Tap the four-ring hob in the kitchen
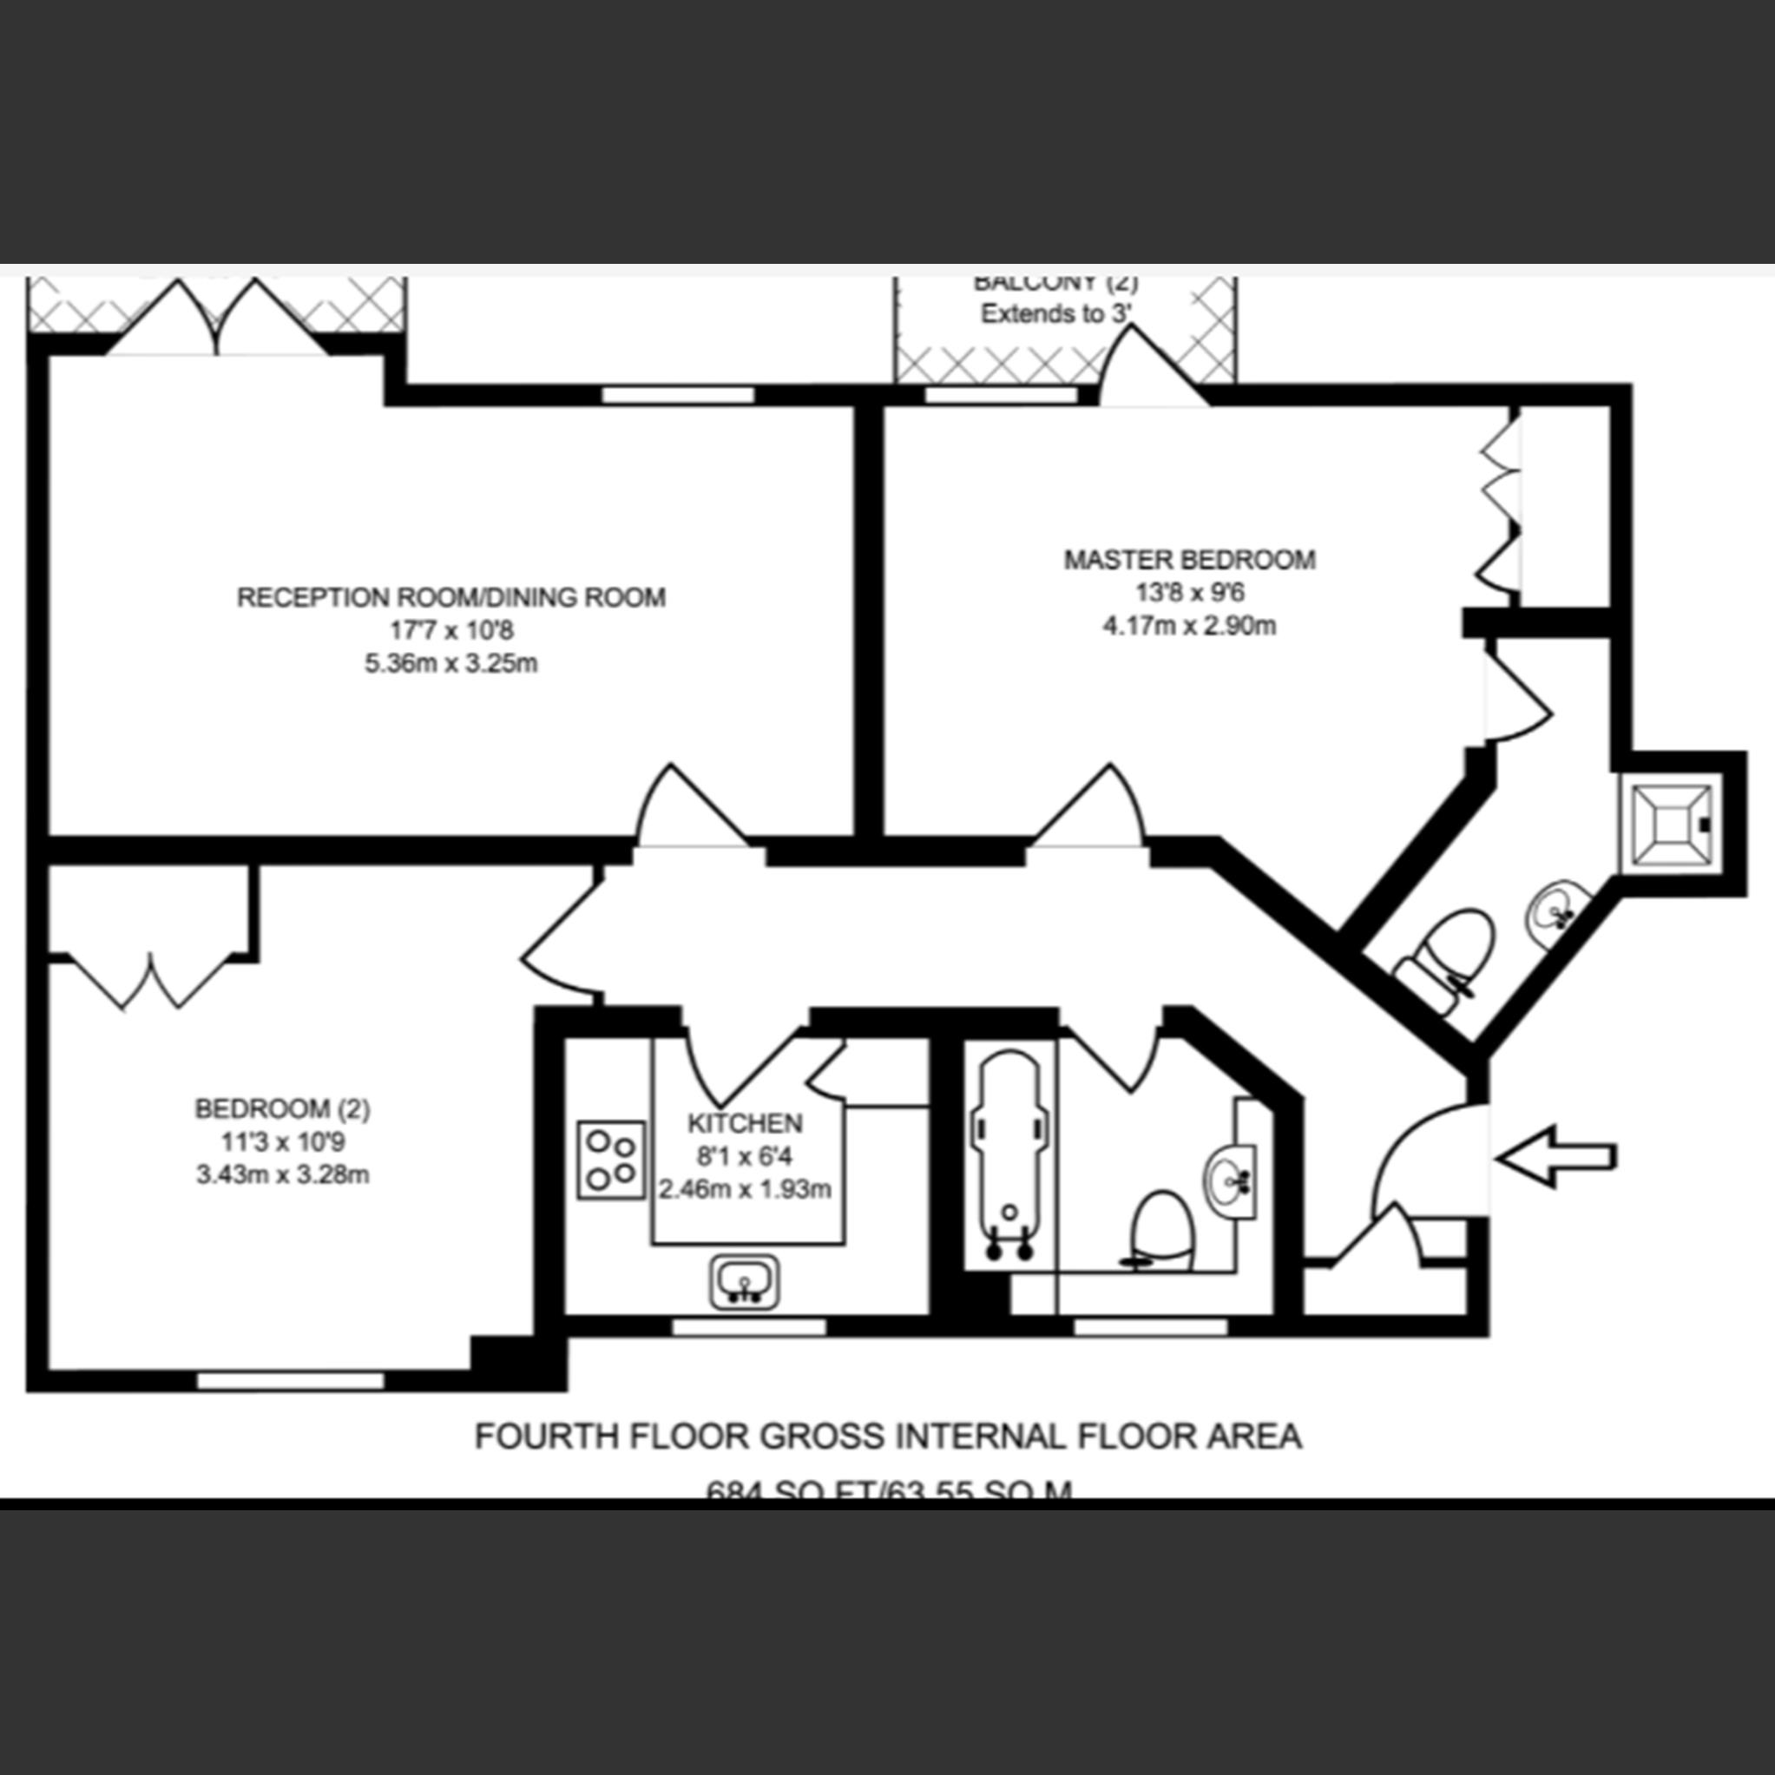click(611, 1159)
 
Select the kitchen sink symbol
click(744, 1282)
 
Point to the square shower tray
click(1669, 824)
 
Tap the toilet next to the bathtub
click(1162, 1230)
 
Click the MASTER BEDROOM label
click(1189, 560)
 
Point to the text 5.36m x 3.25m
click(450, 663)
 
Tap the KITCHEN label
click(744, 1122)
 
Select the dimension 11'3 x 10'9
click(282, 1142)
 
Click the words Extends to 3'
click(1055, 314)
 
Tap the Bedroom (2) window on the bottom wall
click(290, 1381)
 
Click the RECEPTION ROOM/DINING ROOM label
click(450, 597)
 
